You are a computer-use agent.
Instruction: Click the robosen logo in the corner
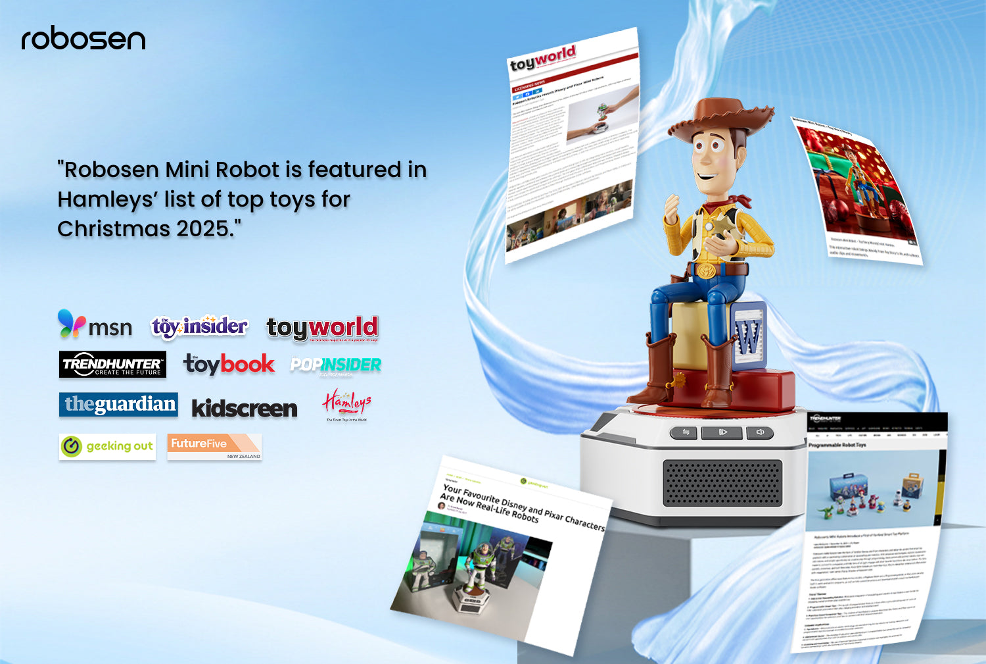click(83, 39)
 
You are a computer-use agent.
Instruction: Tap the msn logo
click(95, 325)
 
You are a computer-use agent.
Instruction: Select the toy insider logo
click(199, 326)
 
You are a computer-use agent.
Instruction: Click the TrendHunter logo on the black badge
click(112, 365)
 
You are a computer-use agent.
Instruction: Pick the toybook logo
click(229, 364)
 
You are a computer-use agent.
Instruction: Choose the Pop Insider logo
click(336, 365)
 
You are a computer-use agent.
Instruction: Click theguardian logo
click(119, 404)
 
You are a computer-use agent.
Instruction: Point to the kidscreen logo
click(245, 409)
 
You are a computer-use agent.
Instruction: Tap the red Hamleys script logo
click(346, 402)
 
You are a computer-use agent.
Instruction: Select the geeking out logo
click(107, 446)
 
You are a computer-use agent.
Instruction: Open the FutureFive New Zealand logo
click(214, 446)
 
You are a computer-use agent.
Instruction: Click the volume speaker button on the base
click(761, 432)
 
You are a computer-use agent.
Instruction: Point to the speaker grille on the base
click(722, 482)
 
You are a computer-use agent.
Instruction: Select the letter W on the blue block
click(748, 336)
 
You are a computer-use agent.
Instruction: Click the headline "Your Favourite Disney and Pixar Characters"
click(523, 506)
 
